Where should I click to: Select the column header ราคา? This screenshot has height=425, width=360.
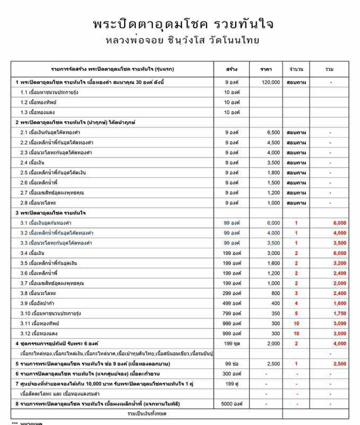266,70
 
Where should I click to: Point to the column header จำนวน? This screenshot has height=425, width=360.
296,70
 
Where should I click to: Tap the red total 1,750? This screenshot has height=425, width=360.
339,313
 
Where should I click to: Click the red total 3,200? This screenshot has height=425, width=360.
339,263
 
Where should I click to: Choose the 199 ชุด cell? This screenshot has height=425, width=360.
232,344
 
